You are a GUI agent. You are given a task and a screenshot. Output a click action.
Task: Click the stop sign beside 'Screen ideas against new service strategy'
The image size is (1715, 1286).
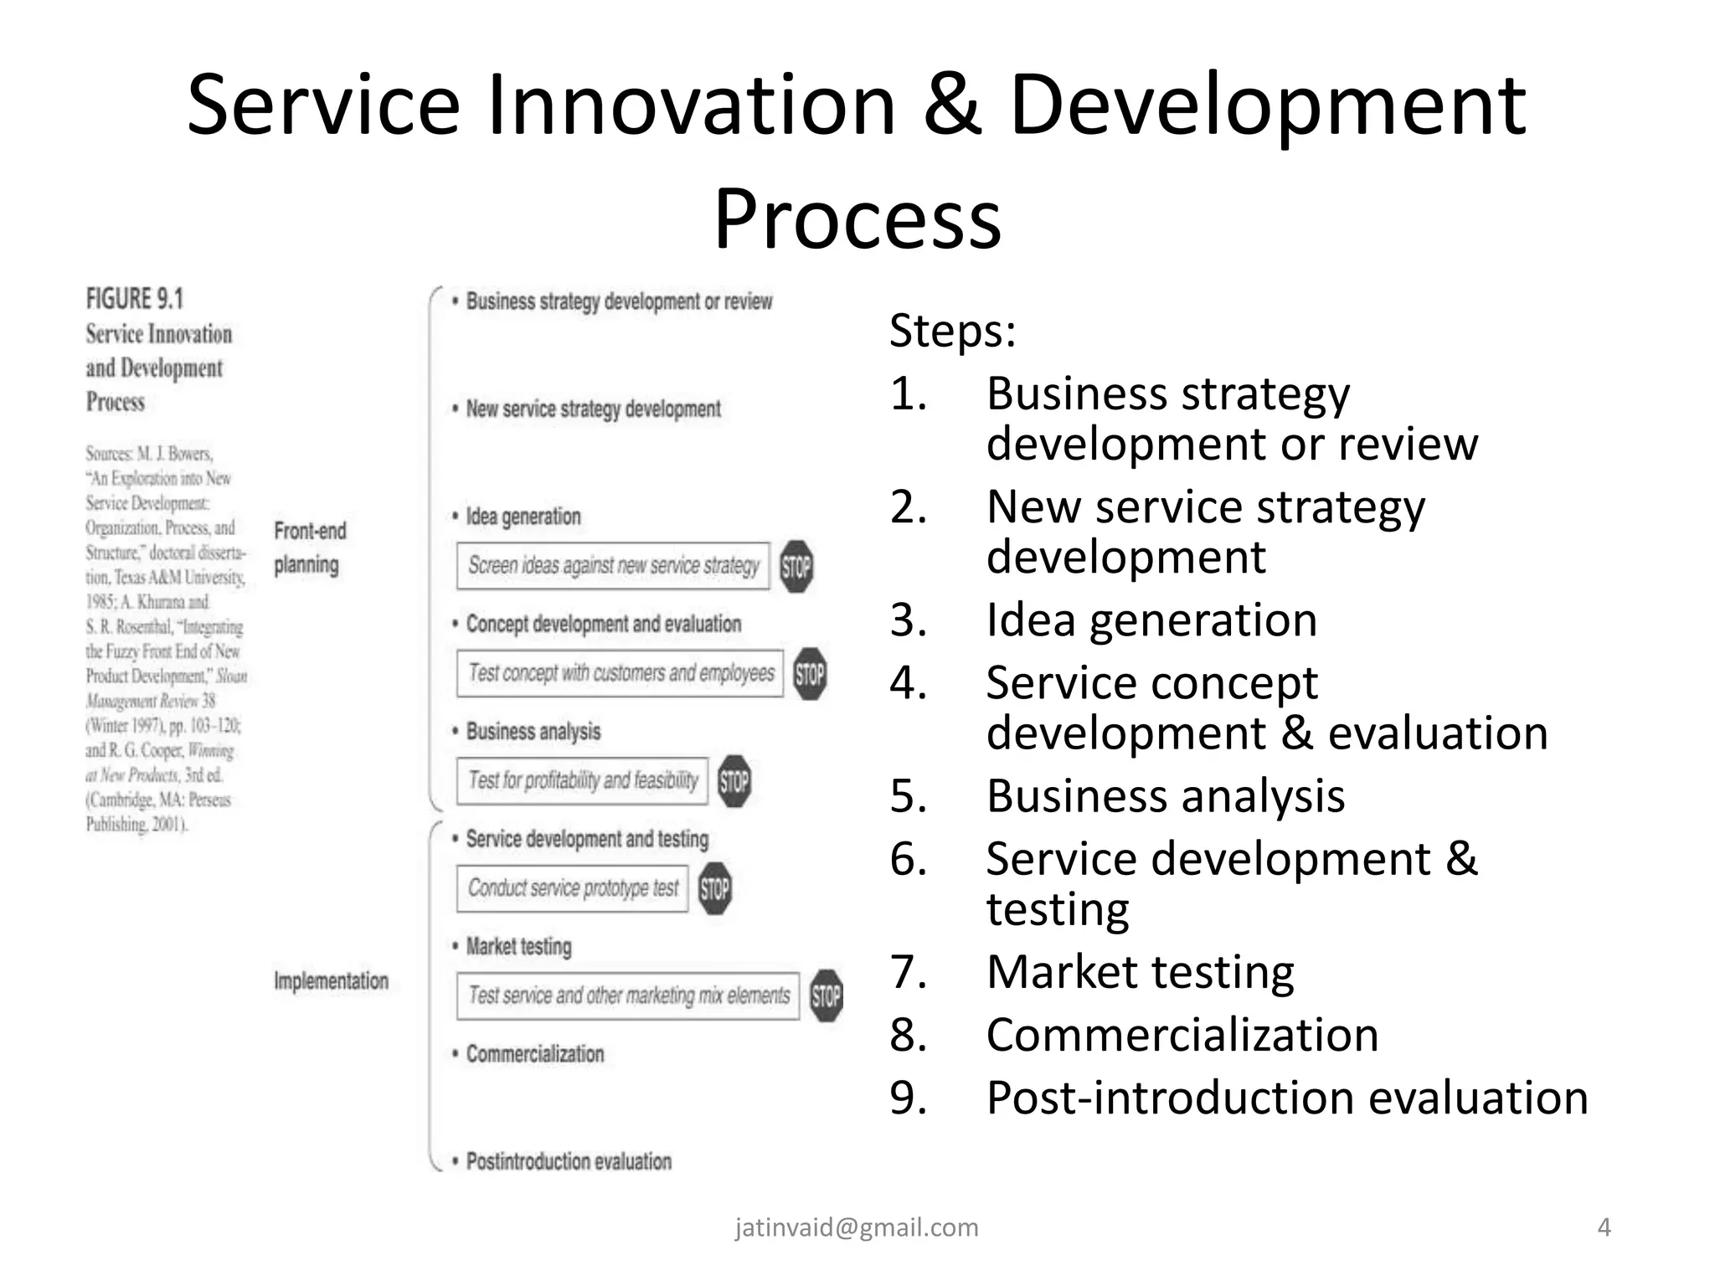coord(796,567)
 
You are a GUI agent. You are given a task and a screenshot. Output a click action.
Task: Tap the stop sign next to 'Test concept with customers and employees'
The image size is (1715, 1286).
coord(810,674)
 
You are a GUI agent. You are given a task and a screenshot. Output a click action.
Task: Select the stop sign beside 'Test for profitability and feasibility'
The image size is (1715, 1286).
coord(734,781)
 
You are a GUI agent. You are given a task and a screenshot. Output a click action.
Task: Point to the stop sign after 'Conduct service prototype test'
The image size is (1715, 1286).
coord(714,888)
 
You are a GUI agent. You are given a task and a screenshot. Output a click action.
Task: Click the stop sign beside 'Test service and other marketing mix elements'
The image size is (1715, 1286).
coord(827,995)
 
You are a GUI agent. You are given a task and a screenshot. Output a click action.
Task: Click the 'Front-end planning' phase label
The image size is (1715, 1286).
coord(310,548)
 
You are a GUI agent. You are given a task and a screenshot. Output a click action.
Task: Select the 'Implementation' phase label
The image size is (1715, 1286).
coord(331,981)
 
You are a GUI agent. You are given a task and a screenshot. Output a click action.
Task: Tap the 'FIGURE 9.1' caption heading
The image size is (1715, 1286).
coord(135,299)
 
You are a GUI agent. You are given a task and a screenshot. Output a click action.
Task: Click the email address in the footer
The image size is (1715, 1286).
coord(857,1227)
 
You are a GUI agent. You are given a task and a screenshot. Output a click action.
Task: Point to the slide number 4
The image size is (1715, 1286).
coord(1604,1227)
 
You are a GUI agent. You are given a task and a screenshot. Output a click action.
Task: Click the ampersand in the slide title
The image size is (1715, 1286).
coord(952,106)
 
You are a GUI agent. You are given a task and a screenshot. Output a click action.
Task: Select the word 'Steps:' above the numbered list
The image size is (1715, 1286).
coord(952,331)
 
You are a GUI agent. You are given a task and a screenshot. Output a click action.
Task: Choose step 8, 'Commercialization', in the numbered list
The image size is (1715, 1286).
coord(1182,1035)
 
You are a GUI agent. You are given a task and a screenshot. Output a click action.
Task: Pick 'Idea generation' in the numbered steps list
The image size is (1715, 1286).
coord(1151,620)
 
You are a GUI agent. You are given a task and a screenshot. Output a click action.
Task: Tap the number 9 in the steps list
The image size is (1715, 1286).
coord(908,1098)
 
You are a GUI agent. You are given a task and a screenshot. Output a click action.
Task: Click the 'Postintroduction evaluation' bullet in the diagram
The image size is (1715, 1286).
coord(569,1162)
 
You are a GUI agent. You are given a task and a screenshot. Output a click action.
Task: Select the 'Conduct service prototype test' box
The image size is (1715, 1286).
coord(573,888)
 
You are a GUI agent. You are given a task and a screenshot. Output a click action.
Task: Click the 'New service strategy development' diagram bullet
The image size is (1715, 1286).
coord(593,409)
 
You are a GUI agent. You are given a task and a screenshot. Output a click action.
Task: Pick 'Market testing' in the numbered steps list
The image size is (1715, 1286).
coord(1140,972)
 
